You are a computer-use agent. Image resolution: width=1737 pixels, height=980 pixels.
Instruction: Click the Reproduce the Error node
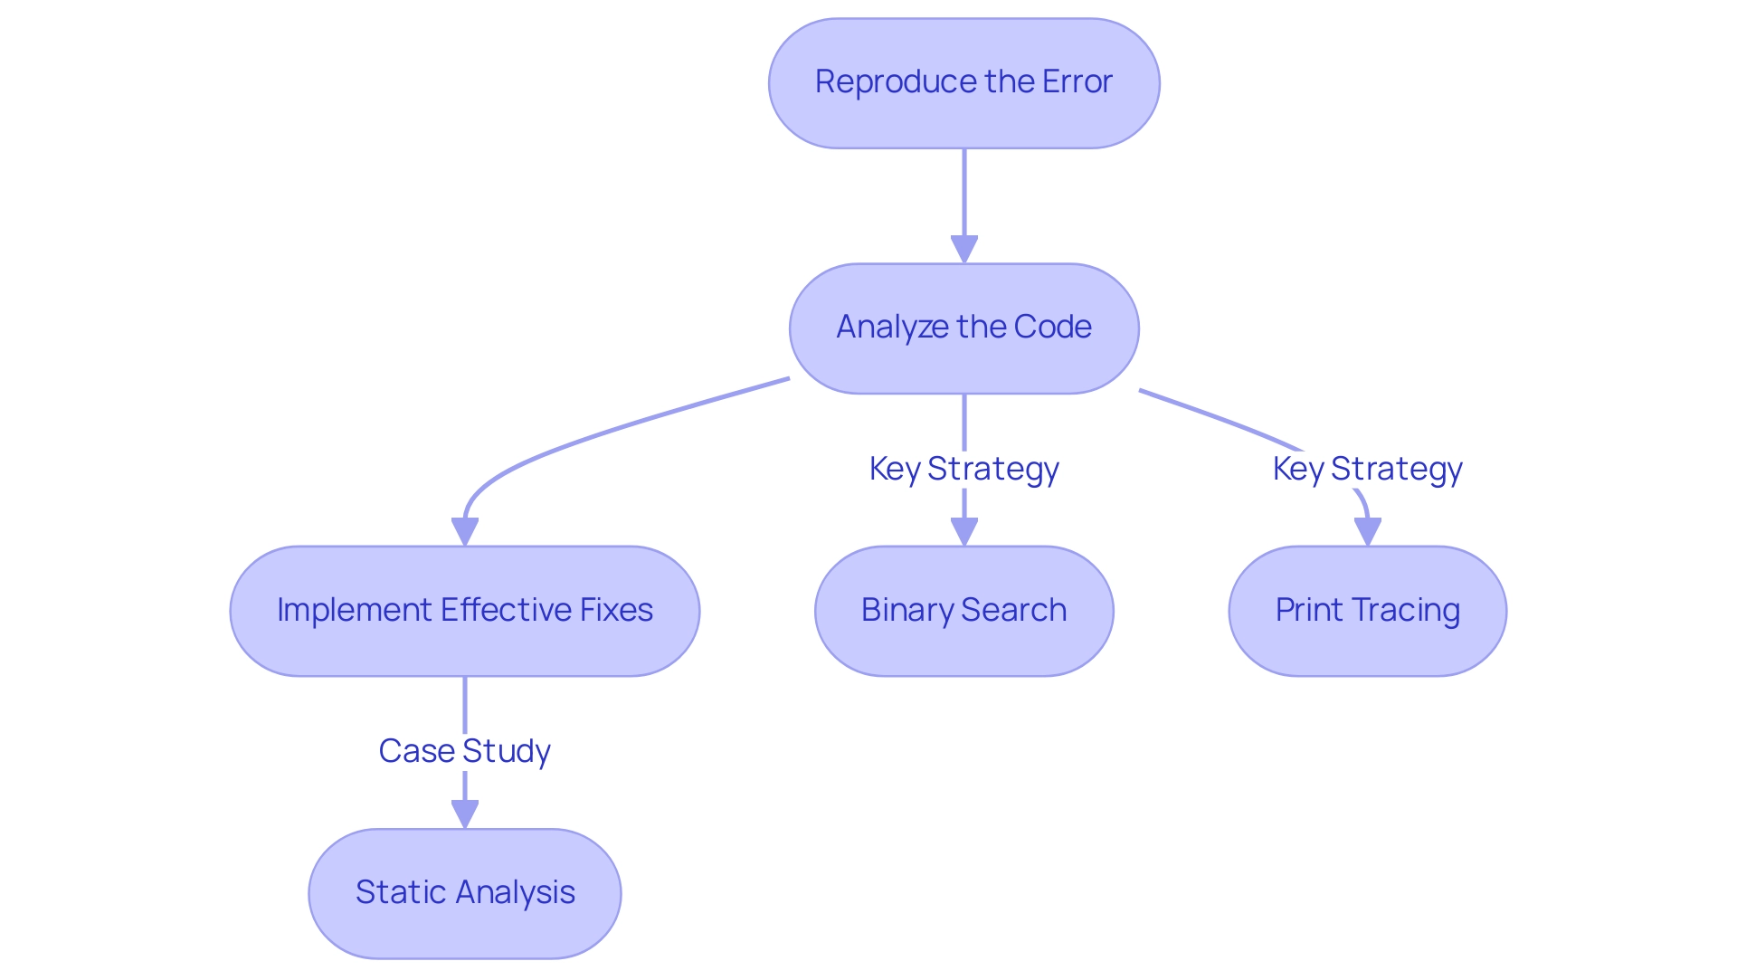(963, 83)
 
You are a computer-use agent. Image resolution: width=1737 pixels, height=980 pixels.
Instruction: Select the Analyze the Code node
(963, 328)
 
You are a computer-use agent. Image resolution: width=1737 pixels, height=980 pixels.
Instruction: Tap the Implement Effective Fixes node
(464, 611)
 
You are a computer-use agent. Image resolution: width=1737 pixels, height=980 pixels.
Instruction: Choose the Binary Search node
(963, 611)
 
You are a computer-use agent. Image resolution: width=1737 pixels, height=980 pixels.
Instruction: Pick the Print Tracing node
(1367, 611)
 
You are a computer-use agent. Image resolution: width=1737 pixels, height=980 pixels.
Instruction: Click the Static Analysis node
(464, 893)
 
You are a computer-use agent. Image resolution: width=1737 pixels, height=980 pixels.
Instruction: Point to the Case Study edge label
(464, 751)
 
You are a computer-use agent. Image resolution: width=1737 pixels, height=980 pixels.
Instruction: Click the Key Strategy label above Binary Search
(963, 469)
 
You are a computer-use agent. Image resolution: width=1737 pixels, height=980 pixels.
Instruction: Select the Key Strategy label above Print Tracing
(1367, 469)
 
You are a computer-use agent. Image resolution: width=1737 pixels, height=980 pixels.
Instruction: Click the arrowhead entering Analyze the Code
(964, 250)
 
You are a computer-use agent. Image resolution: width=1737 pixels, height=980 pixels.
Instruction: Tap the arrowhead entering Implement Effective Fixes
(465, 532)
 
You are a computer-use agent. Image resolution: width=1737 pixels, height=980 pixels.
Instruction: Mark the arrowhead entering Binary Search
(964, 532)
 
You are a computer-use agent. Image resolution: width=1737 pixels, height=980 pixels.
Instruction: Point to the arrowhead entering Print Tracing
(1368, 532)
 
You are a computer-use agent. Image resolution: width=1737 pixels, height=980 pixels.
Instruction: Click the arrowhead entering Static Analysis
(465, 814)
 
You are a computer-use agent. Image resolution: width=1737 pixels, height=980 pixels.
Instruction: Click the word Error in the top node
(1077, 82)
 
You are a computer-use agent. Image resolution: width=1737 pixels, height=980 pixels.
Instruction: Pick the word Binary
(907, 611)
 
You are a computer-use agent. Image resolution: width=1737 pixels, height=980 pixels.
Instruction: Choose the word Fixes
(616, 611)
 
